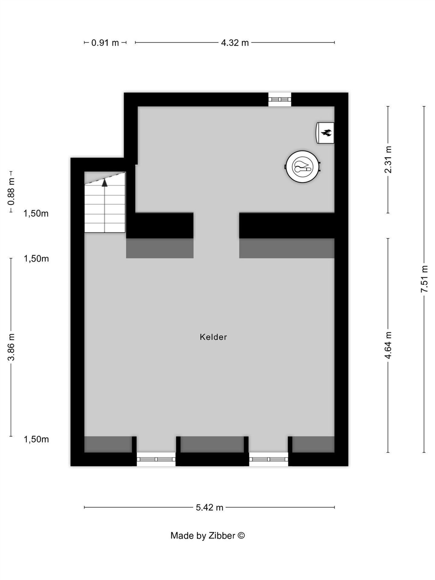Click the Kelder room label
pyautogui.click(x=213, y=337)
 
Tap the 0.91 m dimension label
pyautogui.click(x=105, y=43)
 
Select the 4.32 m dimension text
pyautogui.click(x=235, y=43)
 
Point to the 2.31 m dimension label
pyautogui.click(x=388, y=160)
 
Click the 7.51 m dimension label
pyautogui.click(x=424, y=279)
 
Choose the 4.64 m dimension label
pyautogui.click(x=388, y=345)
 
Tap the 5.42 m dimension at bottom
pyautogui.click(x=209, y=507)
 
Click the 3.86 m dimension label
pyautogui.click(x=11, y=347)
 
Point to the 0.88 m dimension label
pyautogui.click(x=11, y=192)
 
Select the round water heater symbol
pyautogui.click(x=303, y=167)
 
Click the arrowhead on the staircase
pyautogui.click(x=105, y=183)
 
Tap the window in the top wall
pyautogui.click(x=280, y=100)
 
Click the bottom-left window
pyautogui.click(x=156, y=459)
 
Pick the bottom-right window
pyautogui.click(x=269, y=459)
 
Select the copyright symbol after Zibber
pyautogui.click(x=241, y=535)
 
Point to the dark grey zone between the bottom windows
pyautogui.click(x=212, y=445)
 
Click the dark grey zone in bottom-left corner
pyautogui.click(x=108, y=445)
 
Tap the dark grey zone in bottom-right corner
pyautogui.click(x=313, y=445)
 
